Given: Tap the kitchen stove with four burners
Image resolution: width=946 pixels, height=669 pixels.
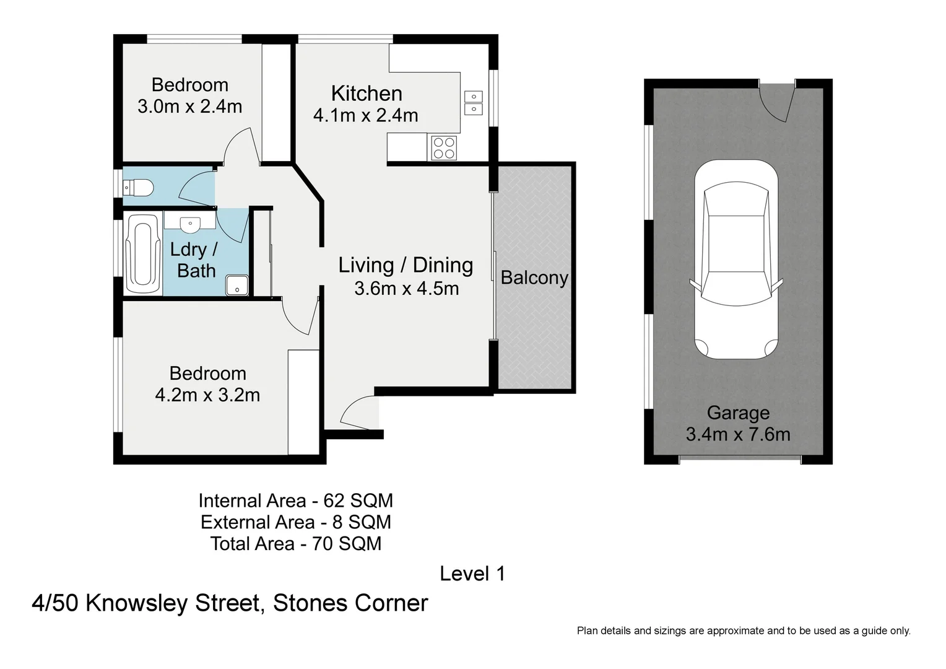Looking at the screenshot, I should pyautogui.click(x=444, y=147).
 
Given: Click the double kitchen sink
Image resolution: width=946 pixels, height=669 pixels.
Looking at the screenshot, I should pyautogui.click(x=474, y=103).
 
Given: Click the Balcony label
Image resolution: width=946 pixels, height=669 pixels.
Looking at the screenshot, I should pyautogui.click(x=534, y=278).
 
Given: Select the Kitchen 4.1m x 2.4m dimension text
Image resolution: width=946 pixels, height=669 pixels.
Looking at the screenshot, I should pyautogui.click(x=366, y=115).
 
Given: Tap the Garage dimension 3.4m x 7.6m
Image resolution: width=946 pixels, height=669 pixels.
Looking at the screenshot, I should pyautogui.click(x=738, y=434).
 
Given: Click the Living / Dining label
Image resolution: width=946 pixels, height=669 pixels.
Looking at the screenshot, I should pyautogui.click(x=406, y=265).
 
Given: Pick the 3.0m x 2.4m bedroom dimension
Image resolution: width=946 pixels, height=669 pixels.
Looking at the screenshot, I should pyautogui.click(x=189, y=107).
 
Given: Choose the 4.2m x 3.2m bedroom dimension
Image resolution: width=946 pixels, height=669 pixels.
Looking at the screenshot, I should pyautogui.click(x=207, y=395).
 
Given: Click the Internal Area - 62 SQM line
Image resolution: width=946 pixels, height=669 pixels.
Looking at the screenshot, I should pyautogui.click(x=295, y=501).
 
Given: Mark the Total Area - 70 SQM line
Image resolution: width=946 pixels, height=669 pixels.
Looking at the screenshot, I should pyautogui.click(x=295, y=544).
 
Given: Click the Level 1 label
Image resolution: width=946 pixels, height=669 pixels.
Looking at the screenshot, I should pyautogui.click(x=472, y=574).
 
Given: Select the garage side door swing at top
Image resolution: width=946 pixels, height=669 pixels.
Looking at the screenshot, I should pyautogui.click(x=778, y=103).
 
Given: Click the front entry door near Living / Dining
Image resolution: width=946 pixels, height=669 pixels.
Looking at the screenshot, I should pyautogui.click(x=358, y=413).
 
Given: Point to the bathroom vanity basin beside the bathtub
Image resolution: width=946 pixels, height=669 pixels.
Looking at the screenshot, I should pyautogui.click(x=189, y=222).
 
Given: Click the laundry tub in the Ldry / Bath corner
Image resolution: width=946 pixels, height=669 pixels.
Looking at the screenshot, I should pyautogui.click(x=236, y=285).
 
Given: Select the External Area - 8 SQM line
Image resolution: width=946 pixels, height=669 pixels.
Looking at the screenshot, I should pyautogui.click(x=295, y=522).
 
